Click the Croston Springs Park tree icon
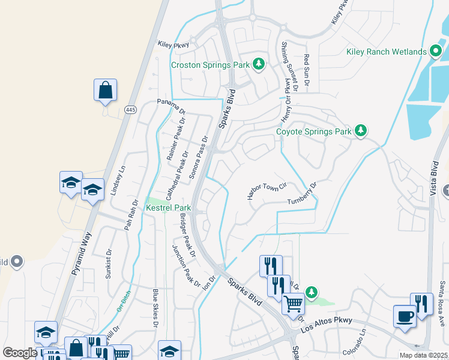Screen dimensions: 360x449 click(259, 64)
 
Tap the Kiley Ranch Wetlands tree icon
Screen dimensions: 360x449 click(436, 52)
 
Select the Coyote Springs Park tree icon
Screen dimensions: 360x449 click(360, 131)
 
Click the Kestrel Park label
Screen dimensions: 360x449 click(169, 208)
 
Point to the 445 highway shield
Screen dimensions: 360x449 click(131, 110)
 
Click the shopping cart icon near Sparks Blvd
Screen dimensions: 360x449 click(293, 303)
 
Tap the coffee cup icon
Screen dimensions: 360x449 click(404, 315)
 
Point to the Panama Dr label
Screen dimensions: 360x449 click(172, 106)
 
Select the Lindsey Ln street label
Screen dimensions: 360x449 click(116, 181)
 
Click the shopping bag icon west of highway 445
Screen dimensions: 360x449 click(105, 90)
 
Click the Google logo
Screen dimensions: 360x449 click(20, 353)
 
